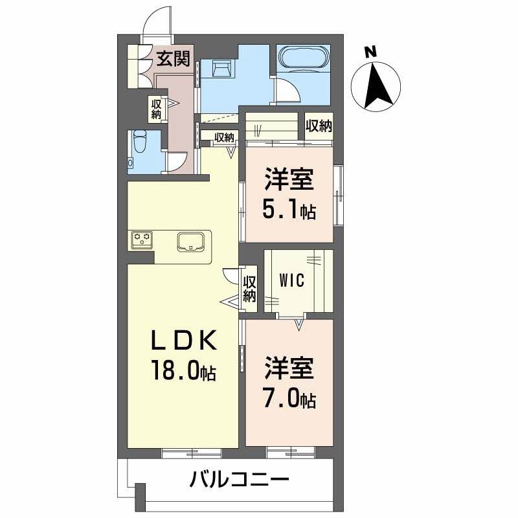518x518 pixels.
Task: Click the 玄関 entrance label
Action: pos(173,60)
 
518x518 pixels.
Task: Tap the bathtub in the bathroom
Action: pos(303,58)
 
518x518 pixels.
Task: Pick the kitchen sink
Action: pos(192,241)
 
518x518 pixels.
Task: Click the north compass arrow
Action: pos(377,87)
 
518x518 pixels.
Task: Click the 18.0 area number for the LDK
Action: pos(176,373)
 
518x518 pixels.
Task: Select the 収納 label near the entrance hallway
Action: pos(156,109)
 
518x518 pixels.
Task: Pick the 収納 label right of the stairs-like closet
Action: pos(319,126)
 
